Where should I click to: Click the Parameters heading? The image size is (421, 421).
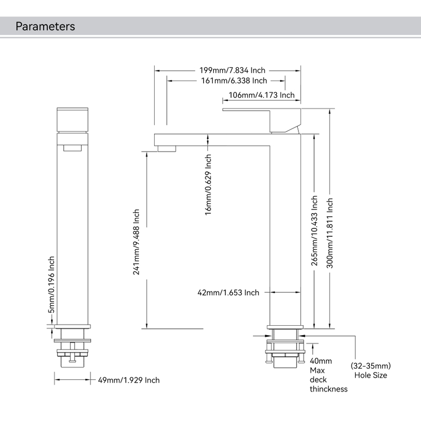click(x=45, y=26)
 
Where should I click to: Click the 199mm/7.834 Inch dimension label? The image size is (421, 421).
click(x=232, y=70)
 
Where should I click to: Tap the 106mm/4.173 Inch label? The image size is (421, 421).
click(x=262, y=95)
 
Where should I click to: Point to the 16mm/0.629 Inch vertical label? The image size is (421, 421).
click(x=208, y=184)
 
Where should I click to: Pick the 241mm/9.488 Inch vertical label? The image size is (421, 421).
click(x=136, y=242)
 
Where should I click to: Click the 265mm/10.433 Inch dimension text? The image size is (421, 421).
click(x=315, y=232)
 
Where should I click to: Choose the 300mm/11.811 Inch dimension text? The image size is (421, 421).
click(x=330, y=233)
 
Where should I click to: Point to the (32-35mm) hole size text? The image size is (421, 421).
click(x=370, y=366)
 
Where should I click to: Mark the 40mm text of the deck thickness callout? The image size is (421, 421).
click(x=320, y=361)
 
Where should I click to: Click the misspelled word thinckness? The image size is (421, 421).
click(x=328, y=389)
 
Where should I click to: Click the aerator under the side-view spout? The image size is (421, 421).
click(x=167, y=148)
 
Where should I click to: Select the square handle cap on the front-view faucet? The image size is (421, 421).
click(x=73, y=119)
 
